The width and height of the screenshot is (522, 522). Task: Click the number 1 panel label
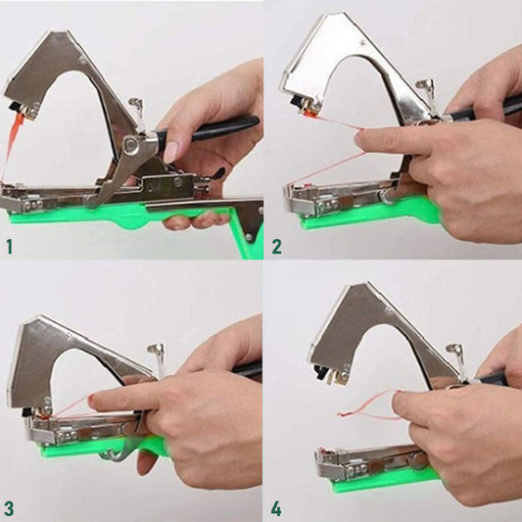[9, 245]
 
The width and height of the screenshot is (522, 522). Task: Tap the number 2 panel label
[276, 245]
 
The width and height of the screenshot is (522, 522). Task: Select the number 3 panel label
[9, 507]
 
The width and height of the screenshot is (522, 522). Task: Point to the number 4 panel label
[276, 507]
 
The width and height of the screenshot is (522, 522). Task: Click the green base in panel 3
[88, 448]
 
